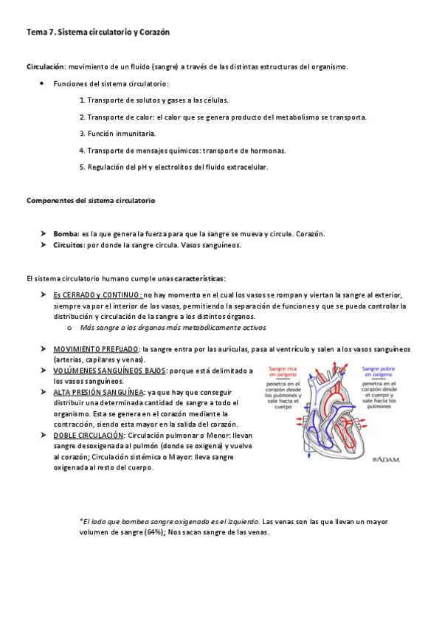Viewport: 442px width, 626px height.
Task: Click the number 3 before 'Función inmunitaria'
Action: (x=82, y=134)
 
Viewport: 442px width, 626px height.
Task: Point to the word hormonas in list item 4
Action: (x=266, y=151)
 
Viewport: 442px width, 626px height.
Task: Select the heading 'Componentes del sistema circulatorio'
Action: (x=90, y=201)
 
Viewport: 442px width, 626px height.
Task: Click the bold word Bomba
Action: (x=65, y=234)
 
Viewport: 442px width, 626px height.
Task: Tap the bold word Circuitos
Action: (x=69, y=245)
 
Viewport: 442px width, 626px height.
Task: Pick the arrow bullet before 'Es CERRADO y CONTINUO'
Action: (x=44, y=295)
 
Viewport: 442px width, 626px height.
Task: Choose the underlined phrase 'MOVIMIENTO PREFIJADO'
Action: (x=95, y=348)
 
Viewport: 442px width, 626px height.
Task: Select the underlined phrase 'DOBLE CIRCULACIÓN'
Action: (x=88, y=436)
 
